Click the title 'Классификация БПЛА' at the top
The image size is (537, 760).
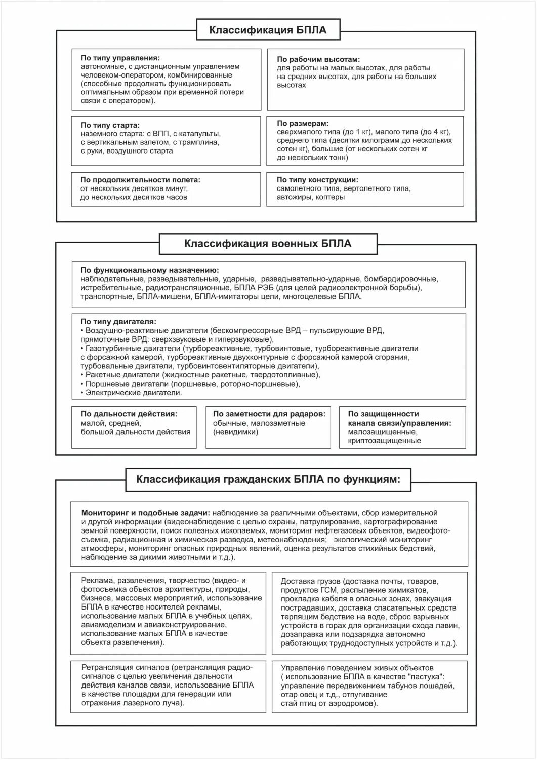coord(268,30)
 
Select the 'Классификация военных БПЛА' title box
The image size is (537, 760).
coord(268,244)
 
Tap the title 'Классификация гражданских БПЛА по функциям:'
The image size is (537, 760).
coord(268,479)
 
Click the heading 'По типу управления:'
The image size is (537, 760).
coord(120,58)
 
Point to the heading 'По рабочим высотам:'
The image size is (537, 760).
coord(318,59)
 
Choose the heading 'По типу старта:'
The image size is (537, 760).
coord(110,125)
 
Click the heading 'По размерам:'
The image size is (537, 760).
coord(303,123)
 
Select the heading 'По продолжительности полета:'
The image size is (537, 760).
coord(140,180)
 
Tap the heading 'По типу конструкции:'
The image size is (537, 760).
coord(317,180)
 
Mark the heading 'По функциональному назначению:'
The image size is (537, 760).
coord(150,270)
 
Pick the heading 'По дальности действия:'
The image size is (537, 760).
coord(129,414)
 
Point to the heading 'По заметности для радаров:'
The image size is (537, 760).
coord(269,414)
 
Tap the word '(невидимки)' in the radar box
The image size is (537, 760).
coord(235,432)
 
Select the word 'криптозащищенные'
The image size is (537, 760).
coord(384,441)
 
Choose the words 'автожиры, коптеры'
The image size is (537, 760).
coord(311,197)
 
